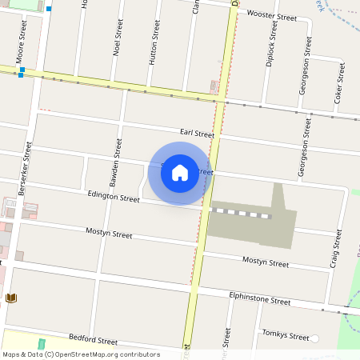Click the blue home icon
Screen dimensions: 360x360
(x=180, y=173)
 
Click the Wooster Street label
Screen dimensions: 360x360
(x=271, y=14)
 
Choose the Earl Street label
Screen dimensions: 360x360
(x=197, y=134)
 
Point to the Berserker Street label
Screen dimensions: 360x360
(x=25, y=169)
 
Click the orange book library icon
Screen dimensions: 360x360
(x=11, y=298)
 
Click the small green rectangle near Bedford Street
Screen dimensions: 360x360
(x=42, y=344)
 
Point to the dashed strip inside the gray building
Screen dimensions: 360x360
(x=241, y=214)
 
